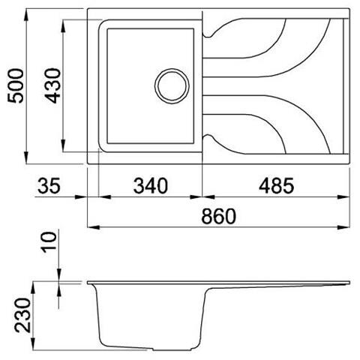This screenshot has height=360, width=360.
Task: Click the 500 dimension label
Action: pos(16,85)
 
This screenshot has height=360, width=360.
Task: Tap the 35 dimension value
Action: pos(49,186)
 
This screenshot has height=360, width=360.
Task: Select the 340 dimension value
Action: pos(151,186)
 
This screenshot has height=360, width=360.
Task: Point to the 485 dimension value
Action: pos(276,186)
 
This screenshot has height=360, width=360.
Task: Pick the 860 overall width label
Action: pos(218,216)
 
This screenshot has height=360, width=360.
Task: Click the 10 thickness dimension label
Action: pos(49,242)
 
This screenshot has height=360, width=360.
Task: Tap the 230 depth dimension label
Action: pos(22,315)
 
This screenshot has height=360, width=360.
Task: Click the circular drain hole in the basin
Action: pos(172,85)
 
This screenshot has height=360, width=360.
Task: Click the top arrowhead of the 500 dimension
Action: pos(26,14)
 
